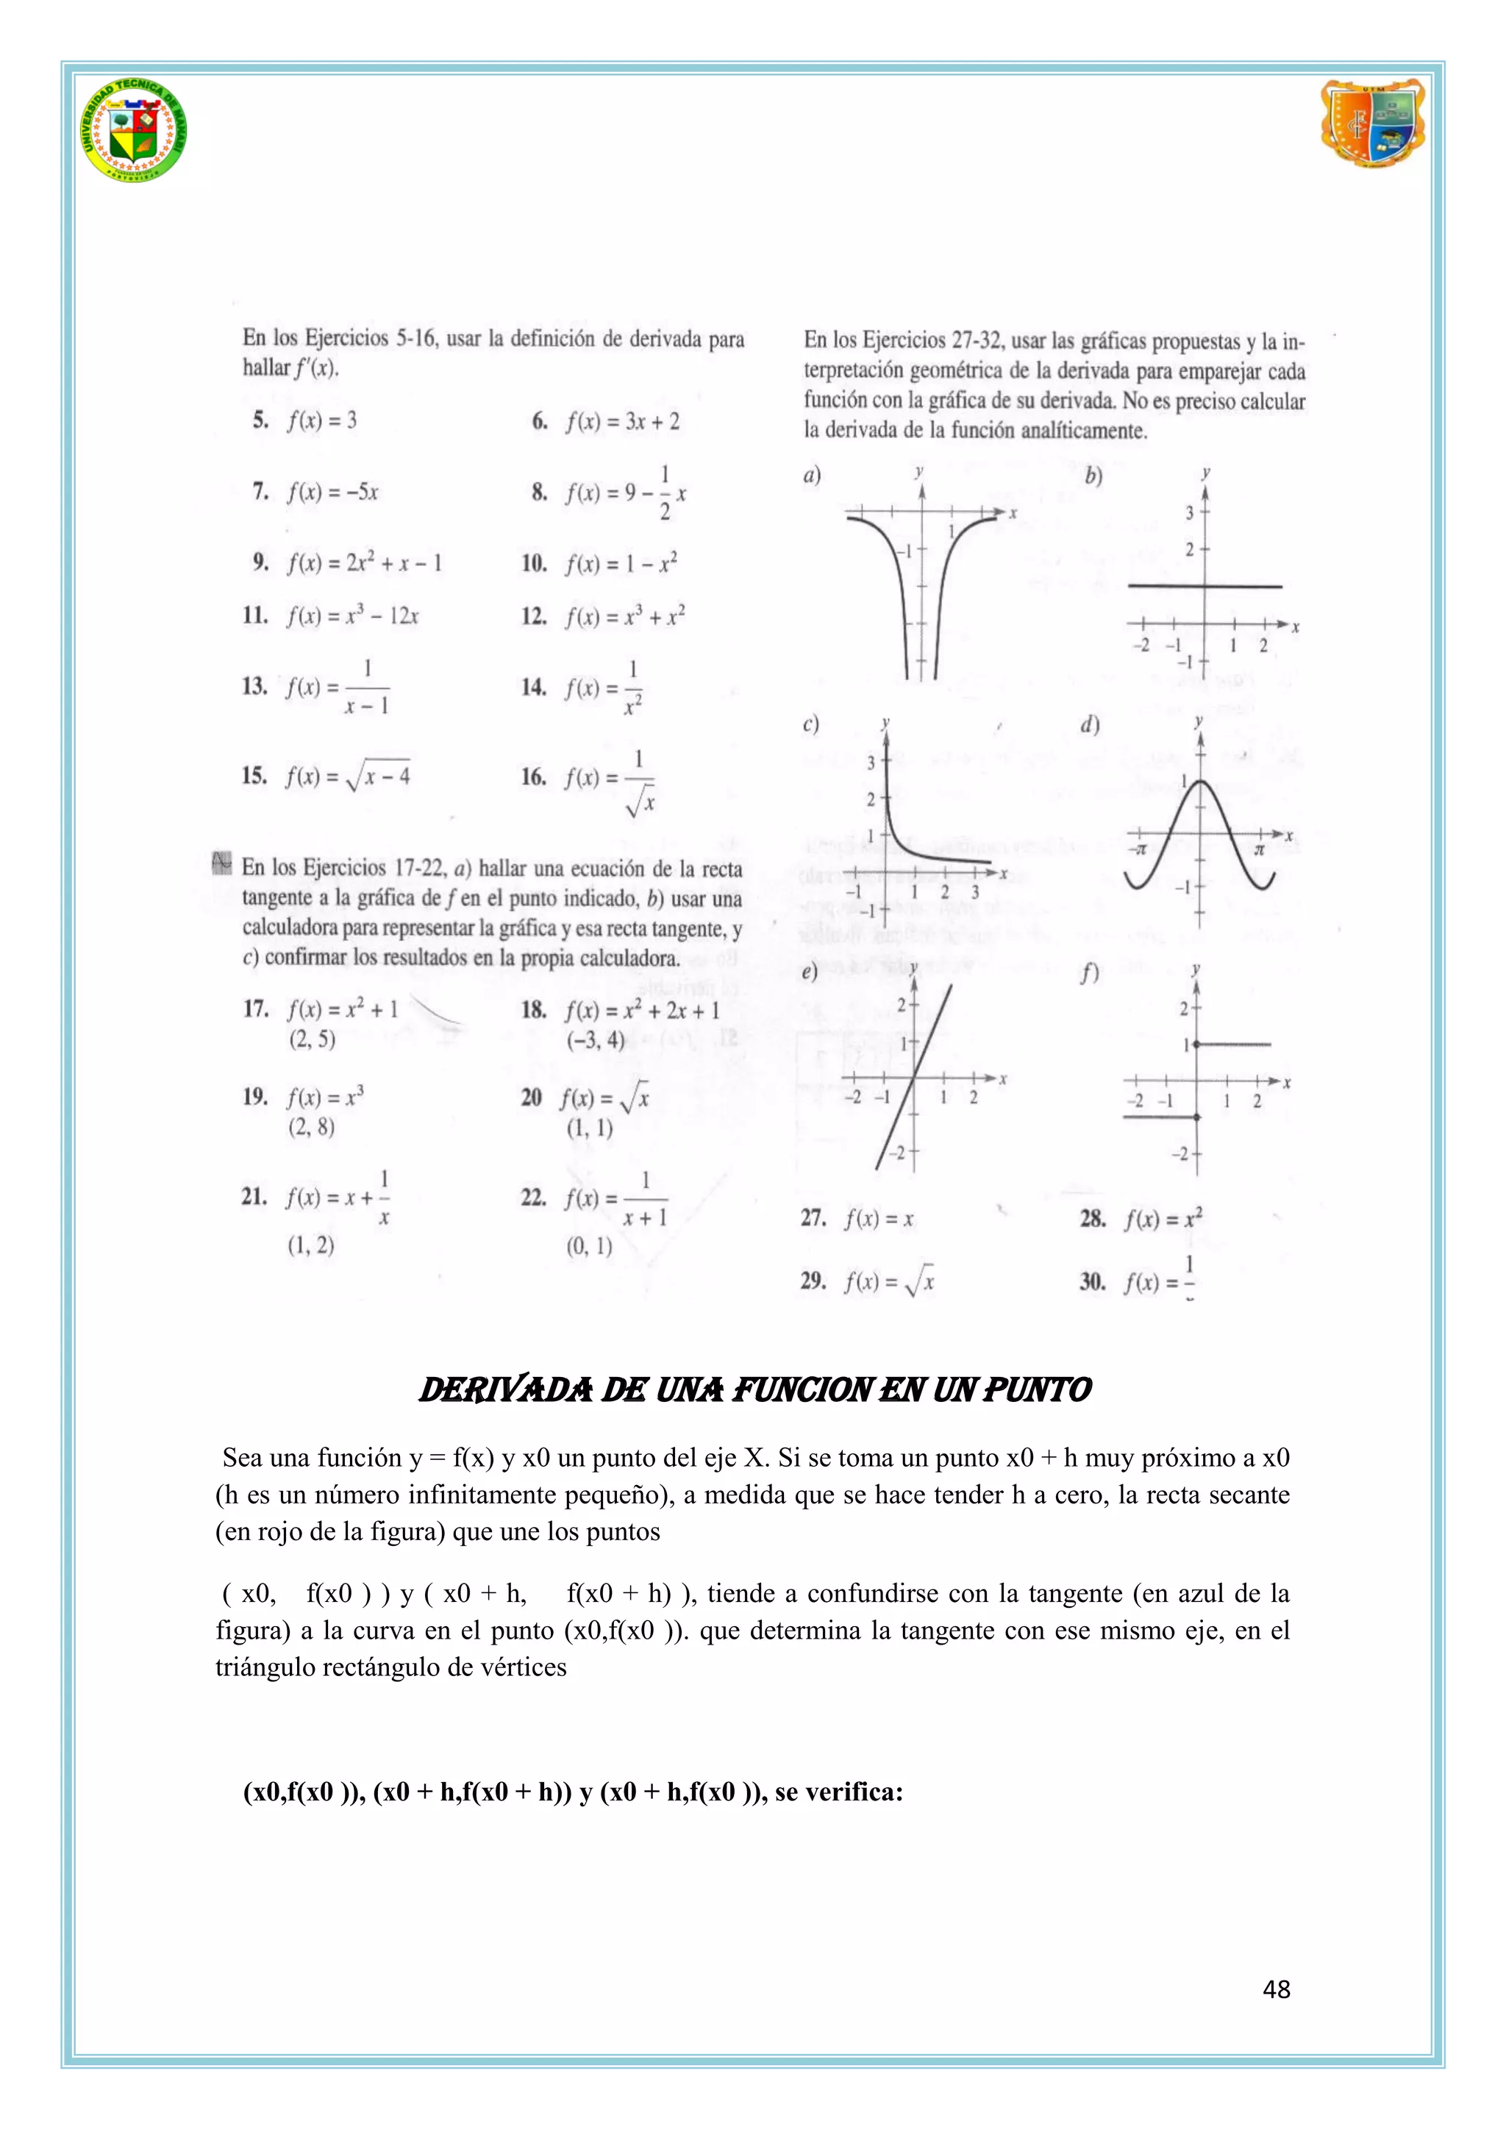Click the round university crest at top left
tap(135, 130)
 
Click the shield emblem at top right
tap(1372, 124)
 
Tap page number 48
tap(1276, 1988)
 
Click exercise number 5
tap(260, 420)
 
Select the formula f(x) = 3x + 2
tap(622, 422)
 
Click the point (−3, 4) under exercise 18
tap(596, 1040)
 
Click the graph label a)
tap(813, 476)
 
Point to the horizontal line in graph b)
tap(1205, 586)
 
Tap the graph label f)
tap(1090, 973)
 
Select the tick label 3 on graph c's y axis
tap(871, 763)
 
